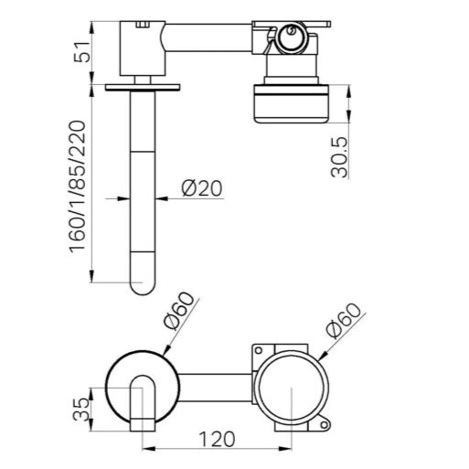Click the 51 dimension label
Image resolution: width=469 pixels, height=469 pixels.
pos(83,51)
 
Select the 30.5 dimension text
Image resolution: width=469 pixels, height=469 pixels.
pos(339,157)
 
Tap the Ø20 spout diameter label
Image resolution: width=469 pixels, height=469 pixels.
pos(202,188)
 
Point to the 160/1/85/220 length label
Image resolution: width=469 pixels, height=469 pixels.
pos(77,187)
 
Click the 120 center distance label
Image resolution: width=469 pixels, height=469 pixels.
pos(217,439)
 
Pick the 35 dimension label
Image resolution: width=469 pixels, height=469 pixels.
pos(81,410)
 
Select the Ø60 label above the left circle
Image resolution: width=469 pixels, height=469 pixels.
pos(179,311)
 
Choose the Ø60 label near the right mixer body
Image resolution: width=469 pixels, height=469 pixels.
pos(343,321)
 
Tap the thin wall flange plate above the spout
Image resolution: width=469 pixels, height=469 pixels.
pos(143,88)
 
